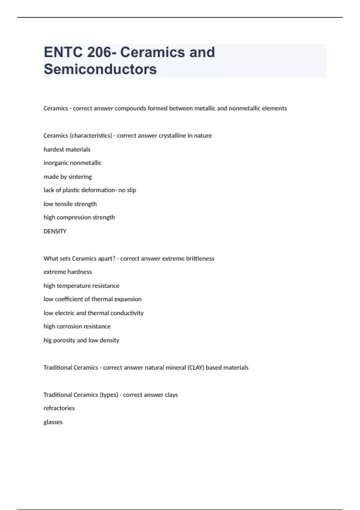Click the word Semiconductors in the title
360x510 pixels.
point(100,69)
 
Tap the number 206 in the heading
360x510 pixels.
point(99,52)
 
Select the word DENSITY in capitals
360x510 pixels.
point(55,231)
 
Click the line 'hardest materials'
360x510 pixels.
point(67,149)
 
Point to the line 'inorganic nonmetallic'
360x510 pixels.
point(73,163)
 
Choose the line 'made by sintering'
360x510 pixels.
point(68,177)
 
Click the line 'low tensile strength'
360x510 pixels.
point(70,204)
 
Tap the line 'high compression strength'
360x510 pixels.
point(79,217)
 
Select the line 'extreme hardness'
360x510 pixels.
point(68,272)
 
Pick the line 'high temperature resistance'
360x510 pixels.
point(81,286)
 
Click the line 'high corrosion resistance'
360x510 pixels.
point(77,326)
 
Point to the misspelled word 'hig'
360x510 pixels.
point(47,340)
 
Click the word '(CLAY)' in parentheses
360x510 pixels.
point(196,367)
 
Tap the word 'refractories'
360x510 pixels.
point(59,408)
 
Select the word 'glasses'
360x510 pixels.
point(53,422)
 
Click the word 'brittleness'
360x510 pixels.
point(200,259)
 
